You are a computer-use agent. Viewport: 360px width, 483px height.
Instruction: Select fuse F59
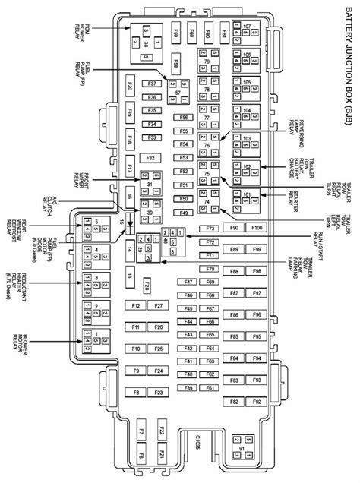click(x=175, y=34)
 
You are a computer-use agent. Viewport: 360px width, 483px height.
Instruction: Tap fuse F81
click(x=225, y=34)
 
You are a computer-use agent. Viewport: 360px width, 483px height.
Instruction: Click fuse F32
click(x=151, y=157)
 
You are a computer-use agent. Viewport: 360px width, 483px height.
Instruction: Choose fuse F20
click(x=130, y=88)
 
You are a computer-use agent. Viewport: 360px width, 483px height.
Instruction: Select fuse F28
click(x=147, y=285)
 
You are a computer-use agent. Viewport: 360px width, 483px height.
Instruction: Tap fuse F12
click(x=135, y=305)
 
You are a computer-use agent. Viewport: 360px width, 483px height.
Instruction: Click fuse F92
click(x=258, y=400)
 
